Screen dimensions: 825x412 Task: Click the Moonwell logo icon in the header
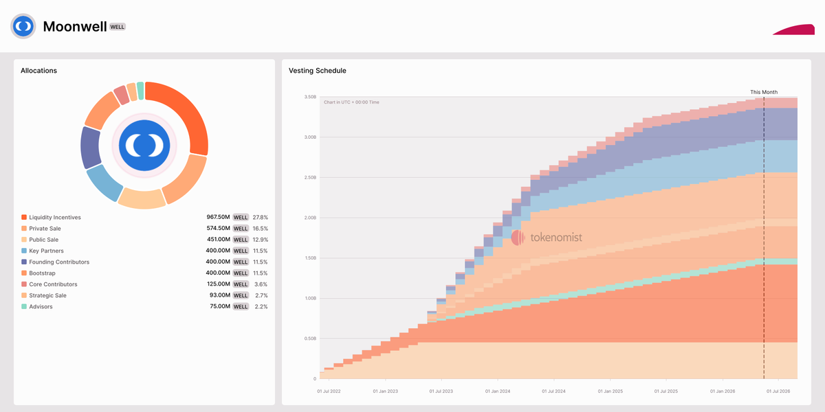[23, 26]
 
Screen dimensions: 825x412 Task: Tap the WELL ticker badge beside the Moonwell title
[118, 27]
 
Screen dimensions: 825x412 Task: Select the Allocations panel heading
[38, 71]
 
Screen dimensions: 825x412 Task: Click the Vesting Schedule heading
[318, 71]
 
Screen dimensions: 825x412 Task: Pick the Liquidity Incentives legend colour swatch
[24, 218]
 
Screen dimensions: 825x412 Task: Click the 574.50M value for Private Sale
[218, 228]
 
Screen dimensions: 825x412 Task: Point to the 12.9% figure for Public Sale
[260, 240]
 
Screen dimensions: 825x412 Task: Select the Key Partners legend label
[47, 251]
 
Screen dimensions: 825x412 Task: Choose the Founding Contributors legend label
[59, 262]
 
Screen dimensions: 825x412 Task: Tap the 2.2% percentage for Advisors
[261, 306]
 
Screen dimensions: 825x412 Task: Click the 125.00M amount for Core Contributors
[219, 284]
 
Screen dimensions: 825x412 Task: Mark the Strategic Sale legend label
[48, 295]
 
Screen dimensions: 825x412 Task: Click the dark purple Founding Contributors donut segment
[90, 147]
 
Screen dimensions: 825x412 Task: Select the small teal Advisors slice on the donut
[140, 91]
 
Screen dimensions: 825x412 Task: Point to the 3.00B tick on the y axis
[310, 137]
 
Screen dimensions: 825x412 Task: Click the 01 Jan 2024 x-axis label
[498, 391]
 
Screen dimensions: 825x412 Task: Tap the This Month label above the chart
[764, 92]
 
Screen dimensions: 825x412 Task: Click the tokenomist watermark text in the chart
[556, 238]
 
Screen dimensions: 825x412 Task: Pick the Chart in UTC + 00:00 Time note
[351, 102]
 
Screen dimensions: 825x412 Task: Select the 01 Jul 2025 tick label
[666, 391]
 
